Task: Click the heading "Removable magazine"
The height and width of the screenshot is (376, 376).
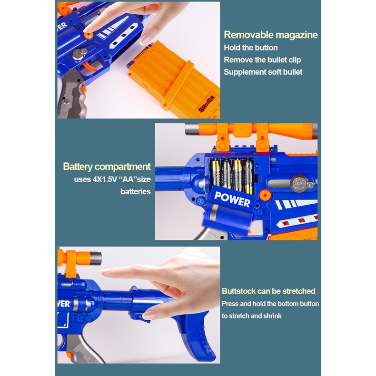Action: click(270, 34)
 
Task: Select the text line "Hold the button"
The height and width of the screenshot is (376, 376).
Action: click(251, 48)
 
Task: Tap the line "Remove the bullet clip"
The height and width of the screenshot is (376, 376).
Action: click(262, 60)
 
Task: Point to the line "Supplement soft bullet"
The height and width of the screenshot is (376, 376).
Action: click(263, 72)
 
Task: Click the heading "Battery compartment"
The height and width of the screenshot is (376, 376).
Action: click(107, 167)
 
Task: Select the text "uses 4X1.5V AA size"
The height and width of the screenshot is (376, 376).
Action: click(112, 179)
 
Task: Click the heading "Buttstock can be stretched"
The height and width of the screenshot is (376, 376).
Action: click(268, 291)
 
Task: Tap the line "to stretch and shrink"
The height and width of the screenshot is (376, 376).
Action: click(252, 316)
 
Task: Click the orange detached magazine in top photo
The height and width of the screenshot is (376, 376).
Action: click(176, 81)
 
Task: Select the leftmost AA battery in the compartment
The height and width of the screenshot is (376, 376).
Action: click(215, 174)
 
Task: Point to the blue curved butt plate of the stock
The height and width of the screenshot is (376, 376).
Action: click(200, 333)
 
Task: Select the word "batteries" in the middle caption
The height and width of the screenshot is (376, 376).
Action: click(136, 191)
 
